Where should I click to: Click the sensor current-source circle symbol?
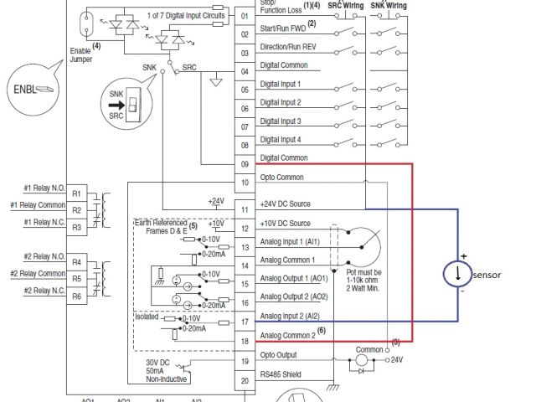click(x=457, y=274)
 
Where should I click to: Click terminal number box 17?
click(x=245, y=321)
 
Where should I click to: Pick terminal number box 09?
click(x=245, y=164)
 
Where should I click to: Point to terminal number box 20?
click(x=245, y=381)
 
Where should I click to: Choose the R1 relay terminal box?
click(x=76, y=192)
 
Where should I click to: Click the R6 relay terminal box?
click(x=76, y=296)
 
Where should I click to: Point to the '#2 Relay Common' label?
click(x=39, y=273)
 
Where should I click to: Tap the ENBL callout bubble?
click(x=31, y=88)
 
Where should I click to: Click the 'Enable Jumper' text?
click(x=80, y=56)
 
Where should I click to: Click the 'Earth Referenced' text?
click(x=162, y=224)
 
